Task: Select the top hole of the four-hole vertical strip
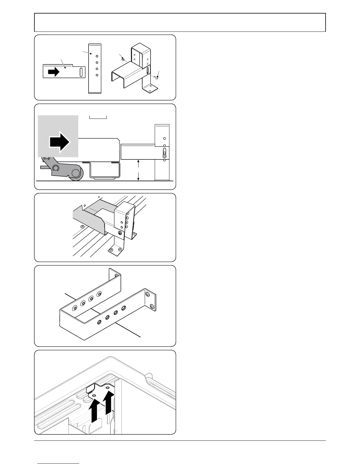click(x=97, y=56)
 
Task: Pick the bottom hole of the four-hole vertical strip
click(x=97, y=75)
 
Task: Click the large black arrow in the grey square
click(x=60, y=142)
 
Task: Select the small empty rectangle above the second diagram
click(x=98, y=117)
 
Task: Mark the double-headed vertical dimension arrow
click(x=138, y=170)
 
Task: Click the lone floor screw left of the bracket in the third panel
click(x=82, y=226)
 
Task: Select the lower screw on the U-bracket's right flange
click(x=152, y=307)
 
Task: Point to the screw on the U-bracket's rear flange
click(x=116, y=275)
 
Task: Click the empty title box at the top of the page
click(x=180, y=22)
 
